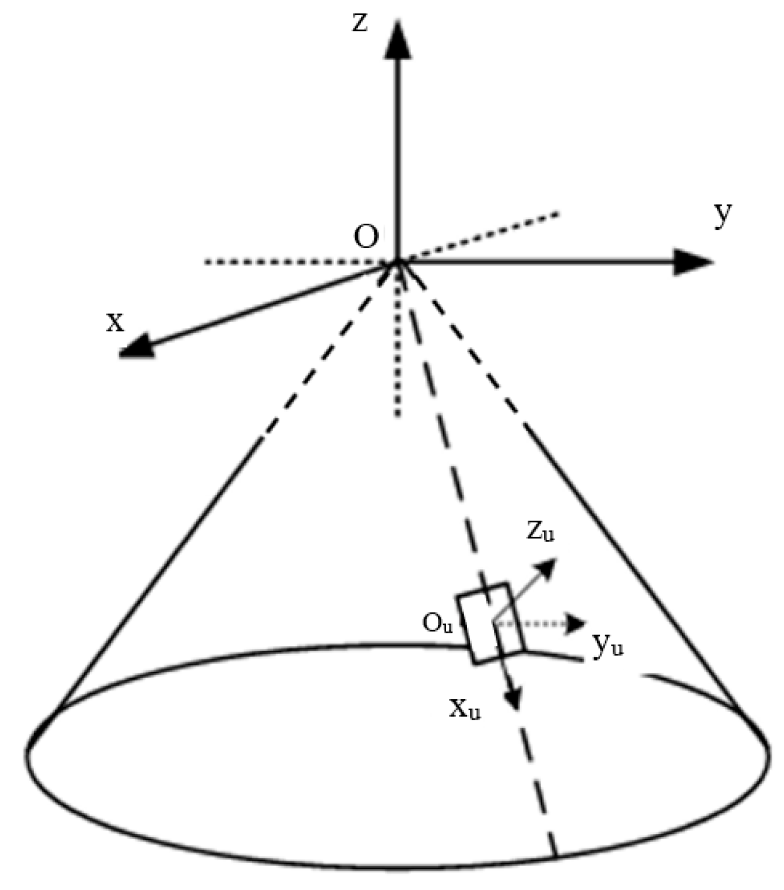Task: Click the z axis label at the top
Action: tap(360, 23)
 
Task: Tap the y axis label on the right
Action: tap(723, 216)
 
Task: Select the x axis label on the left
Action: tap(115, 322)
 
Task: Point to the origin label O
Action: tap(366, 238)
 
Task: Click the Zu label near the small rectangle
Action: tap(541, 533)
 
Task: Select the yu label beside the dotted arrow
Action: tap(608, 645)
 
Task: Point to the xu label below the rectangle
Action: tap(464, 710)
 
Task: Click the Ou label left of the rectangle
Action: tap(437, 624)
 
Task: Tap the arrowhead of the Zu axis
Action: tap(546, 568)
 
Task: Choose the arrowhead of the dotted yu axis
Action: tap(575, 624)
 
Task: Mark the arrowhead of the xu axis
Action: tap(514, 698)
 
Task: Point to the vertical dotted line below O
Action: tap(398, 353)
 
